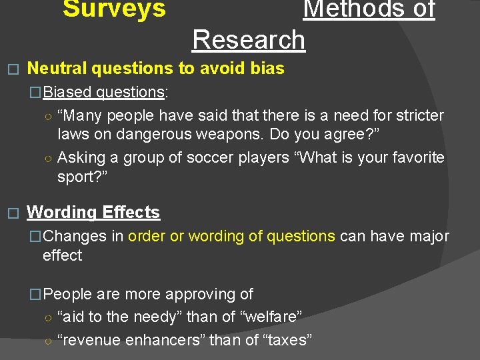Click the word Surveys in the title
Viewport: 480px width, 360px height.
[114, 9]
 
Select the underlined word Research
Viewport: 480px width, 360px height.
[249, 40]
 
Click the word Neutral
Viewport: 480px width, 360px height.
[57, 68]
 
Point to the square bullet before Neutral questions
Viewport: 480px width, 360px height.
[9, 69]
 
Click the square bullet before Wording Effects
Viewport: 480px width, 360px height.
[9, 213]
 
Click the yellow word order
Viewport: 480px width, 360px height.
[146, 236]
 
